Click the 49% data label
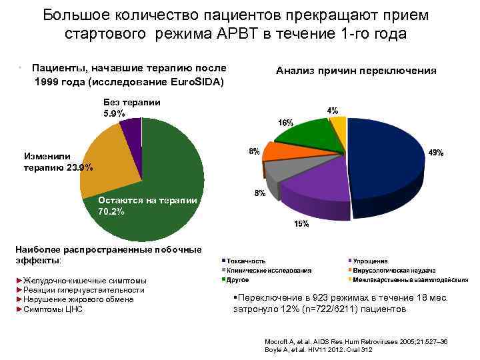coord(435,153)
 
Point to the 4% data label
coord(331,109)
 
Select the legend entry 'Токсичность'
coord(246,261)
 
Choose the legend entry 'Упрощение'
coord(371,261)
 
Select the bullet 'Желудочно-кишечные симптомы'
coord(83,281)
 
